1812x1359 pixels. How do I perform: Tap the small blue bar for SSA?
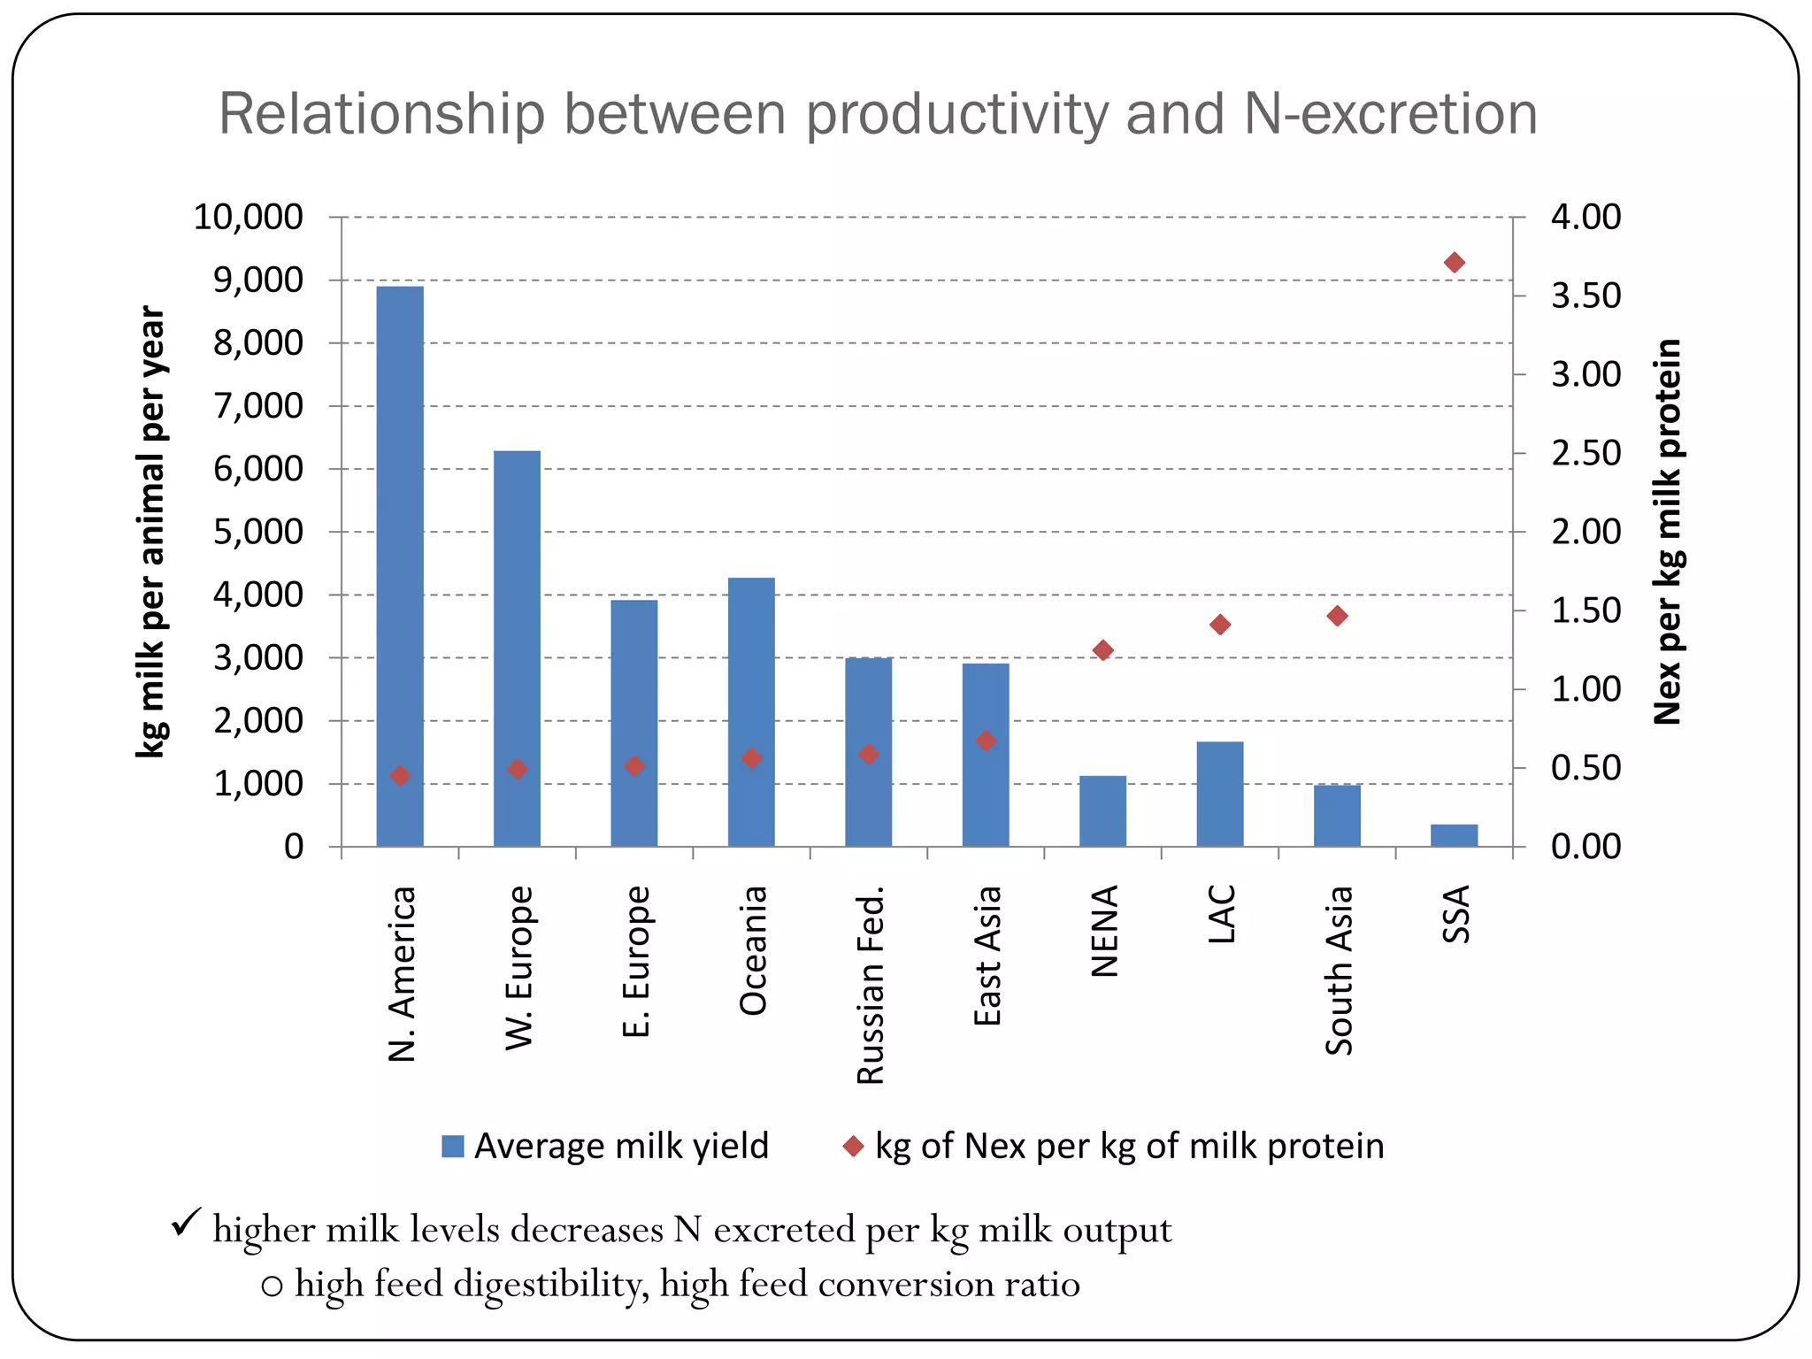(1454, 835)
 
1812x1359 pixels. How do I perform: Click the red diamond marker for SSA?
(1454, 263)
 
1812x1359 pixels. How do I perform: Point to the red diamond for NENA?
(1102, 650)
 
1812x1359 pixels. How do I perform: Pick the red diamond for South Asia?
(1337, 616)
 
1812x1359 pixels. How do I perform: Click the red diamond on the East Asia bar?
(986, 741)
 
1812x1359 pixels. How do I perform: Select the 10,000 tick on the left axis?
(249, 217)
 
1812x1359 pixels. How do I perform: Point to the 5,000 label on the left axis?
(258, 532)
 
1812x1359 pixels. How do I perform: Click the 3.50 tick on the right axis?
(1585, 296)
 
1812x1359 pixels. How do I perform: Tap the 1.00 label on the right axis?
(1585, 689)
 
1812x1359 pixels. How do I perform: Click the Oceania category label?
(753, 949)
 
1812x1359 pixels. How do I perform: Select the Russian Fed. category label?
(871, 984)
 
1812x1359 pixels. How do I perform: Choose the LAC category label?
(1221, 914)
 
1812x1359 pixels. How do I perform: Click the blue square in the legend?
(453, 1146)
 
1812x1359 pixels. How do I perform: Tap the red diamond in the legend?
(853, 1146)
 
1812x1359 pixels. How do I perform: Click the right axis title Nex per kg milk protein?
(1668, 531)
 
